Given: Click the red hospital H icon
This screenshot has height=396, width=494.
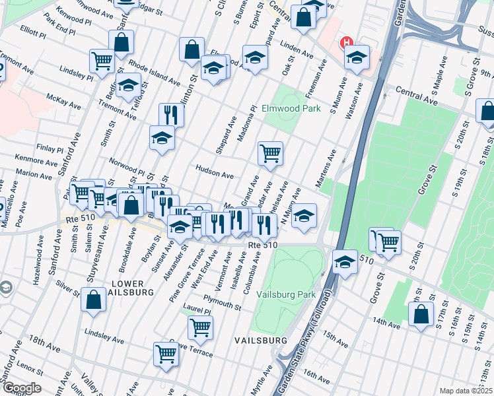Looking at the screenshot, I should coord(345,44).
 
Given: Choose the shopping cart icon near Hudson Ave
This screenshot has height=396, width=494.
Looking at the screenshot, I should coord(270,154).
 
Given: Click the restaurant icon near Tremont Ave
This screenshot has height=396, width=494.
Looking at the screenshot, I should coord(171,114).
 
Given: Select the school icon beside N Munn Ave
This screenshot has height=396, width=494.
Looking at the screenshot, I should coord(304,216).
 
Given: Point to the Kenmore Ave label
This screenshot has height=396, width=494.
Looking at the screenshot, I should coord(35,161).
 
